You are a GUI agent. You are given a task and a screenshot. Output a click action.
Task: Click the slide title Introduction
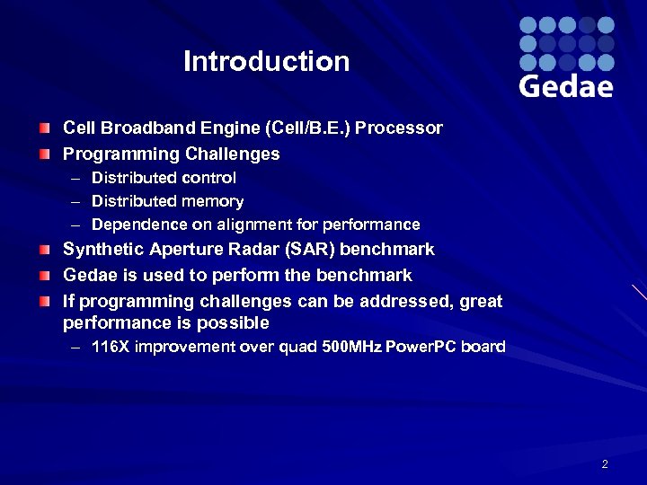tap(266, 62)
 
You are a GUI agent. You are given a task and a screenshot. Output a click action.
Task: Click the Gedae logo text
tap(566, 86)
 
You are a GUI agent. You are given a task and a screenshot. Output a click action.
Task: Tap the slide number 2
tap(605, 464)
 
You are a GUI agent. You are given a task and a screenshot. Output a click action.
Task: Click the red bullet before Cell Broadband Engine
tap(45, 128)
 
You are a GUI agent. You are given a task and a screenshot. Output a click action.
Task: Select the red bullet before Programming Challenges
tap(45, 154)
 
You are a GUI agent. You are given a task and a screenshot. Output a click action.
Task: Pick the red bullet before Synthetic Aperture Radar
tap(45, 250)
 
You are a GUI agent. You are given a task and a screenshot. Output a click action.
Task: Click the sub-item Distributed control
tap(164, 178)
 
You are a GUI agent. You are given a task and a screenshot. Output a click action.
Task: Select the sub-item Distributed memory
tap(167, 201)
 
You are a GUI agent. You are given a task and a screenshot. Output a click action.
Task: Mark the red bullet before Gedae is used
tap(45, 276)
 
